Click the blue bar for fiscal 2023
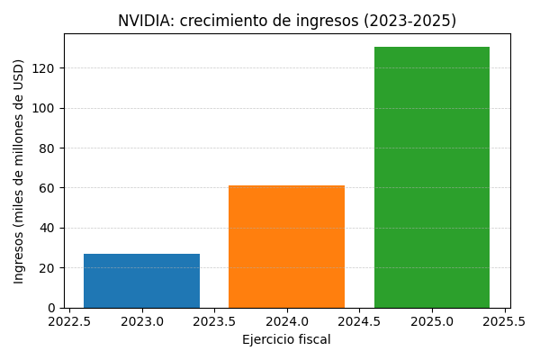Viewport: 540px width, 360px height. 141,281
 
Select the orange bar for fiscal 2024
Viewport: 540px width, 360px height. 286,247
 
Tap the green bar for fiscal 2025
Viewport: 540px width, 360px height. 432,177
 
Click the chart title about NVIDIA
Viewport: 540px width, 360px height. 287,21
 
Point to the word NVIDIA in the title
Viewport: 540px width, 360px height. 145,21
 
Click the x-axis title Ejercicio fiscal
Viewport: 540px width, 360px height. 286,339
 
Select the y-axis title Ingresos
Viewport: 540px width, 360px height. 19,171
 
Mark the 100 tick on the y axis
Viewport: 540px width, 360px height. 45,108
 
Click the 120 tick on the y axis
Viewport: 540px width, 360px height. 45,68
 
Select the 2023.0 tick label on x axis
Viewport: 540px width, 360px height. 141,321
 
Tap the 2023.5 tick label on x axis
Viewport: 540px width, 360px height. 214,321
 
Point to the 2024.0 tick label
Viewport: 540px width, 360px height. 287,321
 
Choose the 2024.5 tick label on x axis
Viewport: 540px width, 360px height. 359,321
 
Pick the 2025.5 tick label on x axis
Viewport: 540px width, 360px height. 504,321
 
